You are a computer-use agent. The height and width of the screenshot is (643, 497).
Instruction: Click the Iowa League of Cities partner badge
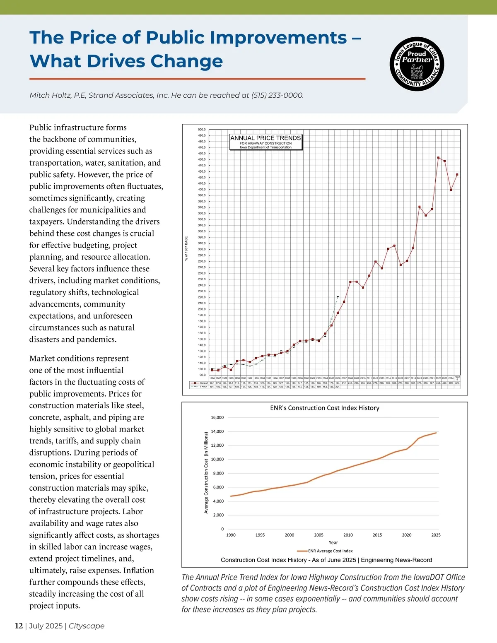click(x=417, y=64)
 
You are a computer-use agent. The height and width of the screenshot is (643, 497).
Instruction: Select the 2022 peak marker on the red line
click(x=438, y=157)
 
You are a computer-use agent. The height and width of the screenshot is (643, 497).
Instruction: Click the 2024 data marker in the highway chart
click(x=451, y=190)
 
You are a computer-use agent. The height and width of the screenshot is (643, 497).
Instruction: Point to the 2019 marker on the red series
click(x=420, y=207)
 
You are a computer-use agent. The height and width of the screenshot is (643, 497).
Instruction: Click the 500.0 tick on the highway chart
click(x=202, y=130)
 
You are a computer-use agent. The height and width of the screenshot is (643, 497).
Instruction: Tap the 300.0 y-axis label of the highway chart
click(x=202, y=249)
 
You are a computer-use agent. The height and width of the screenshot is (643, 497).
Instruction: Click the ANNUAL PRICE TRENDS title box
click(x=266, y=142)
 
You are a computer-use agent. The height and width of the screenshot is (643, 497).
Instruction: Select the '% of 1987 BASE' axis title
click(x=186, y=248)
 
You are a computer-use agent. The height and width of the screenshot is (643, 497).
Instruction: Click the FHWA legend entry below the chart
click(x=200, y=387)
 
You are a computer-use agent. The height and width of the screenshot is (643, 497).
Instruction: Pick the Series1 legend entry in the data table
click(x=200, y=383)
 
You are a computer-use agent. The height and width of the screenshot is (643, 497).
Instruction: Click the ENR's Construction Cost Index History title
click(x=325, y=408)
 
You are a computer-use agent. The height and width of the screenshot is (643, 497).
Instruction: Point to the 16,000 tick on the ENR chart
click(x=217, y=417)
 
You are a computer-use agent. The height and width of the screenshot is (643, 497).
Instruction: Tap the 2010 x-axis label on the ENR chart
click(x=348, y=535)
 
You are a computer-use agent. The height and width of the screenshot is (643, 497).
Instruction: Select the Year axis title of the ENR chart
click(x=333, y=542)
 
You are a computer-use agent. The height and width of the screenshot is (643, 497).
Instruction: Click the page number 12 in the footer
click(x=19, y=626)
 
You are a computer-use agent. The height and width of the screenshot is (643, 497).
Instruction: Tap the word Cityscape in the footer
click(x=87, y=626)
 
